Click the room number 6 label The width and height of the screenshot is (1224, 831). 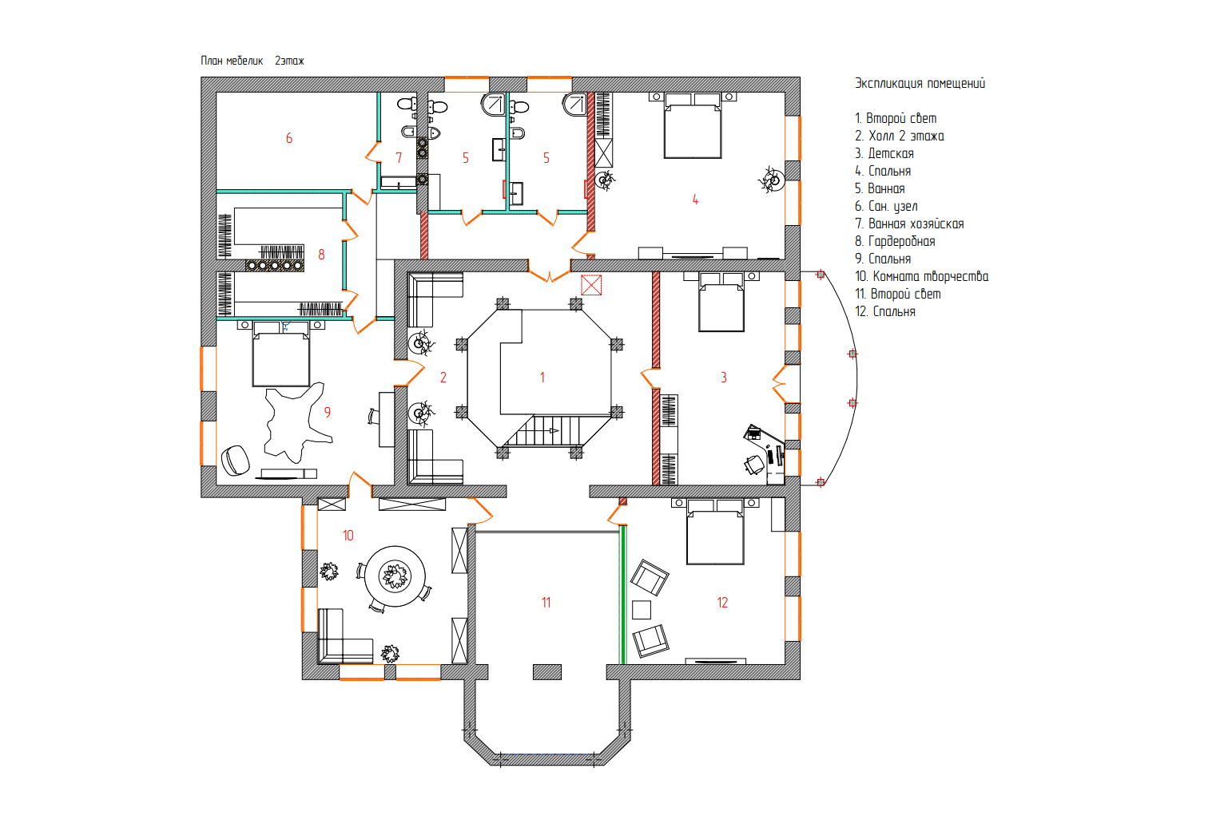(x=289, y=139)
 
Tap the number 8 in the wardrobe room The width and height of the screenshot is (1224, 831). (x=321, y=255)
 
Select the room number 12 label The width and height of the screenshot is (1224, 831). (x=722, y=603)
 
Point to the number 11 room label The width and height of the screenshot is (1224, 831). (x=546, y=603)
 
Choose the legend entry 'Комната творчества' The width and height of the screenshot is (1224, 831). (x=922, y=276)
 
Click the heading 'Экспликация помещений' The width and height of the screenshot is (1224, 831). (x=920, y=83)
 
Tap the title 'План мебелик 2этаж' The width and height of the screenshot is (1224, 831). (x=252, y=61)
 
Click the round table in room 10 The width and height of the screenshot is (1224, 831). (x=395, y=576)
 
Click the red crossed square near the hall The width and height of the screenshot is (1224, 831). (x=591, y=285)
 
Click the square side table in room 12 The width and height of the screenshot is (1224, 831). (x=642, y=610)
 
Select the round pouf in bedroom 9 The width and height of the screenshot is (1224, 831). (x=236, y=461)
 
